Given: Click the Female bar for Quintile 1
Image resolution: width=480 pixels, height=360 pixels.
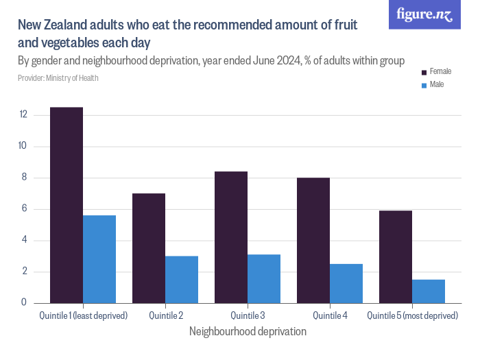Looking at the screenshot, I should (x=67, y=205).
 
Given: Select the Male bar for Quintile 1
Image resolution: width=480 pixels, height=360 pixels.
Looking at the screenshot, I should (x=99, y=259).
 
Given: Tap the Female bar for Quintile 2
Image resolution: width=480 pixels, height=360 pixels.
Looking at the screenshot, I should (x=149, y=248).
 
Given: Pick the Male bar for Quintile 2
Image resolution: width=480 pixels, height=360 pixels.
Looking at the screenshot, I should (x=182, y=280).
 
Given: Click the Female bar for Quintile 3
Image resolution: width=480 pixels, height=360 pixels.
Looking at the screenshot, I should (x=231, y=237).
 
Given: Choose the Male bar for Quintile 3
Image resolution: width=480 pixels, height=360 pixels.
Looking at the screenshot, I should (x=264, y=279).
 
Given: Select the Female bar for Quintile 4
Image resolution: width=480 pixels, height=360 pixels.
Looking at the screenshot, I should (x=313, y=241).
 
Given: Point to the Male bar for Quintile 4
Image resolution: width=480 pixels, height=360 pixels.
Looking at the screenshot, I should (x=346, y=283).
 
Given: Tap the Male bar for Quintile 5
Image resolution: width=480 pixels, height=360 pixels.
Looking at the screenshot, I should (x=429, y=291).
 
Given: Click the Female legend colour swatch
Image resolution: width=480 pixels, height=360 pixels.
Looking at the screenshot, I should (x=424, y=72).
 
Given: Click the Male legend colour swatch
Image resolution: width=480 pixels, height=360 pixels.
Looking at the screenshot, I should (x=424, y=85).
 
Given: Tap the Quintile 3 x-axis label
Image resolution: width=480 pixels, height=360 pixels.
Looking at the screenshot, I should (x=248, y=315).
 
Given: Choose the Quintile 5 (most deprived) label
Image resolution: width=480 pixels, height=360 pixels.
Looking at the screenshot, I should (x=412, y=315).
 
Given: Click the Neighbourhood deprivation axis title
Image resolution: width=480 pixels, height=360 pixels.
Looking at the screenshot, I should (x=248, y=331).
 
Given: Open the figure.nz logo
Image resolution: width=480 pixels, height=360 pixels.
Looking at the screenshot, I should (x=424, y=14).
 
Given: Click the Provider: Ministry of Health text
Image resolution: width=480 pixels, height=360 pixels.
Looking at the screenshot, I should (x=58, y=78).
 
